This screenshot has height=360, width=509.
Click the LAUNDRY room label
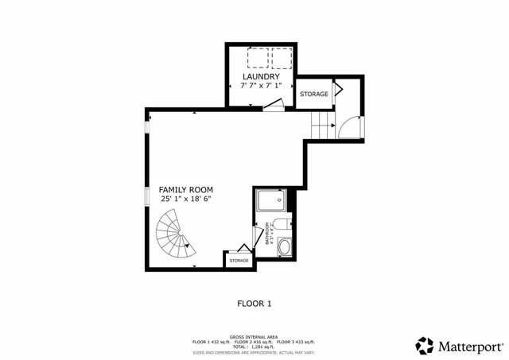[x=261, y=76]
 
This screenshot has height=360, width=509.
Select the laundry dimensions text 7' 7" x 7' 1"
[x=261, y=85]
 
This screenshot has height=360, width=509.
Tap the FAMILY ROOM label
[x=185, y=189]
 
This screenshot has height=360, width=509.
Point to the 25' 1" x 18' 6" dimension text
[x=185, y=199]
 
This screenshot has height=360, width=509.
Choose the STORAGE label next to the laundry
[x=314, y=95]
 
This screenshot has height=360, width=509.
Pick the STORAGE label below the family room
[x=239, y=261]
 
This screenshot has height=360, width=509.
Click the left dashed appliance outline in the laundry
[x=258, y=59]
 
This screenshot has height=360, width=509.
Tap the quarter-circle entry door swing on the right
[x=350, y=127]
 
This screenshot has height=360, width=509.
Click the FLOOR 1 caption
[x=254, y=303]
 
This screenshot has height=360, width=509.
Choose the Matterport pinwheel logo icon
[x=425, y=346]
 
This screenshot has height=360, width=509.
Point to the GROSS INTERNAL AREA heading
[x=254, y=337]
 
